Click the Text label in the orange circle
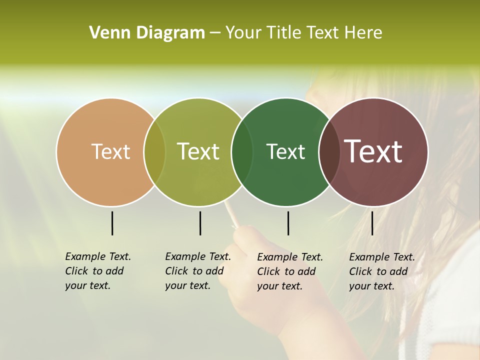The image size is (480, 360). pos(110,151)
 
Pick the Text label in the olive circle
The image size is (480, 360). pos(198,151)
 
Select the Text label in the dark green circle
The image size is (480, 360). pos(285,151)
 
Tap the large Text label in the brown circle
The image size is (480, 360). pos(373,151)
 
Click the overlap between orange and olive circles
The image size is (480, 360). pos(154,152)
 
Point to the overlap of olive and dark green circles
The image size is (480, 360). pos(242,152)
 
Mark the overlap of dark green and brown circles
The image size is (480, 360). pos(329,152)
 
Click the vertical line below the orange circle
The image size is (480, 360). pos(112,223)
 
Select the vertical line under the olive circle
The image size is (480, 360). pos(200,223)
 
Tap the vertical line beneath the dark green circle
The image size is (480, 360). pos(288,223)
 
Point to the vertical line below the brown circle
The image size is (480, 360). pos(372,223)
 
